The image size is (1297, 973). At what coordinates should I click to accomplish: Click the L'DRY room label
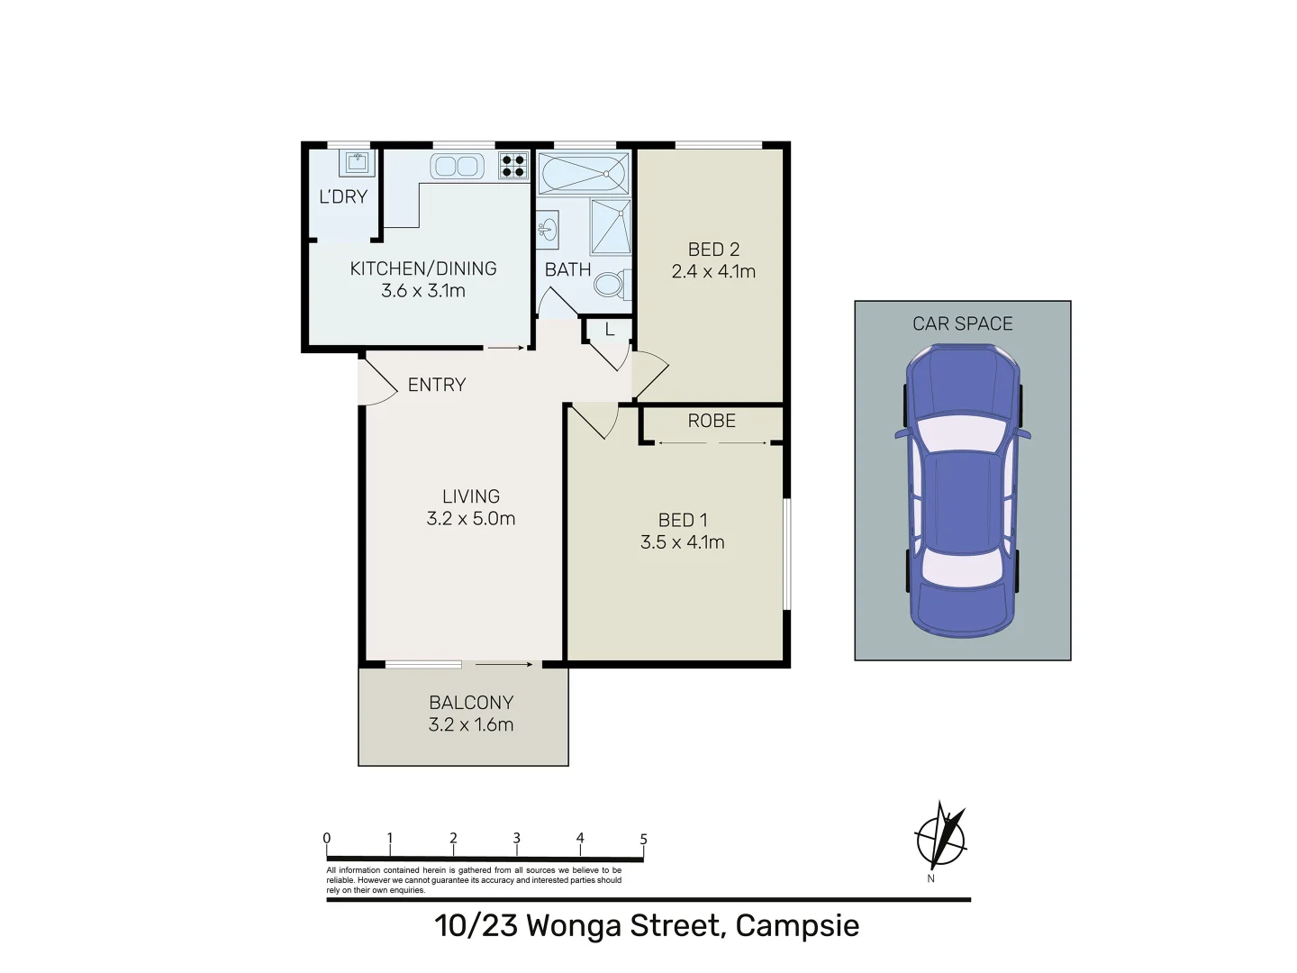tap(343, 196)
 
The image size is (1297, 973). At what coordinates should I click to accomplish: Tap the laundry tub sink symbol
tap(357, 162)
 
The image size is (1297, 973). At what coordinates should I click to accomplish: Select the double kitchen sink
tap(457, 166)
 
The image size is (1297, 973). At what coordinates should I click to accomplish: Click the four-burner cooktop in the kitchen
tap(513, 165)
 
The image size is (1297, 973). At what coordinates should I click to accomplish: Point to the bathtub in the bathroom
tap(584, 173)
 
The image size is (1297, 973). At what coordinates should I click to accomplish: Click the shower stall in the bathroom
tap(611, 227)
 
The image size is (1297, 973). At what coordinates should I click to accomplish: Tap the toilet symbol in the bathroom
tap(610, 285)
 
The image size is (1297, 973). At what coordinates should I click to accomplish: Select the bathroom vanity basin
tap(548, 230)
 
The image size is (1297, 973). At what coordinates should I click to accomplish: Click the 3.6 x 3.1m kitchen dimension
tap(422, 291)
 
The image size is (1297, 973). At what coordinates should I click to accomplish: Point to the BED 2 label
tap(713, 250)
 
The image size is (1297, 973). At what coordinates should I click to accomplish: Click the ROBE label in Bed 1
tap(712, 421)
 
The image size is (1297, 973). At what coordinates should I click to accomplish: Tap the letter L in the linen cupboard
tap(610, 330)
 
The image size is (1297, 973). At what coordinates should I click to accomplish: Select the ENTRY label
tap(437, 385)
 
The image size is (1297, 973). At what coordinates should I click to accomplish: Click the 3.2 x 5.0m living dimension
tap(470, 519)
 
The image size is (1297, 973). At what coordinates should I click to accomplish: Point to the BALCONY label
tap(471, 703)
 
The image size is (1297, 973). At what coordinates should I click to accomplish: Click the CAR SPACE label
tap(962, 323)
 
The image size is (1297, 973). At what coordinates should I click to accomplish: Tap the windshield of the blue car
tap(961, 434)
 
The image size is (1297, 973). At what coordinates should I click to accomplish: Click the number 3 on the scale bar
tap(517, 838)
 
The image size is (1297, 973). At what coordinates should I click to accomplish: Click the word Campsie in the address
tap(797, 926)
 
